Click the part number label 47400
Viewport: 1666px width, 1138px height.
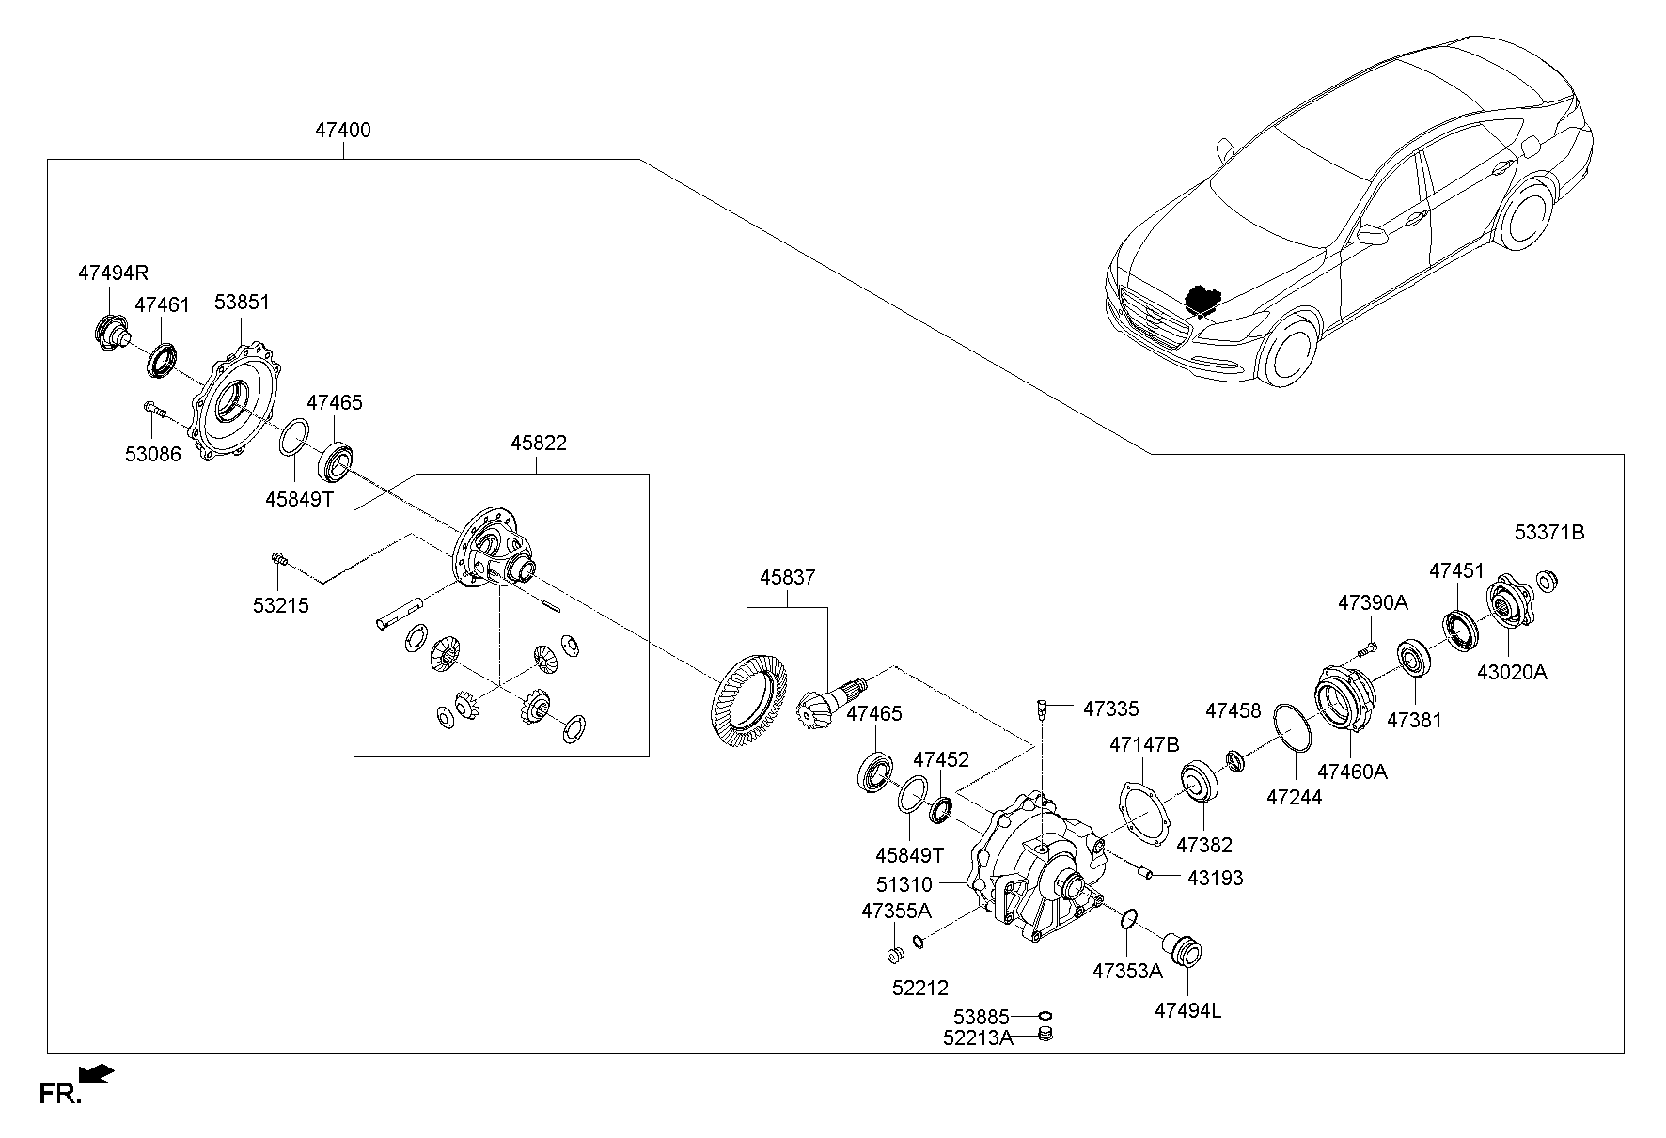tap(342, 131)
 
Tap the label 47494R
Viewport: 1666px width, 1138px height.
tap(113, 273)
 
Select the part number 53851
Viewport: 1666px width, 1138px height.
tap(242, 303)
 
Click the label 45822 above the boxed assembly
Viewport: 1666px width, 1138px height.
tap(539, 443)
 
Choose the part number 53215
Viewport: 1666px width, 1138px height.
tap(280, 606)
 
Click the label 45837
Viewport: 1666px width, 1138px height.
tap(788, 578)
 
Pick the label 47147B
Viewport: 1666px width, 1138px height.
tap(1143, 745)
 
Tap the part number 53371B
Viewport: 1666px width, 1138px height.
tap(1548, 533)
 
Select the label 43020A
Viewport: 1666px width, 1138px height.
tap(1511, 672)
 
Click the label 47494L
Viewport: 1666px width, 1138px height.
tap(1187, 1011)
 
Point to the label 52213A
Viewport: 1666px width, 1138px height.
tap(978, 1037)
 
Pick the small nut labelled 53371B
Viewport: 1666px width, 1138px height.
tap(1547, 578)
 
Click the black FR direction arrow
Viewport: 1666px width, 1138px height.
tap(97, 1074)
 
